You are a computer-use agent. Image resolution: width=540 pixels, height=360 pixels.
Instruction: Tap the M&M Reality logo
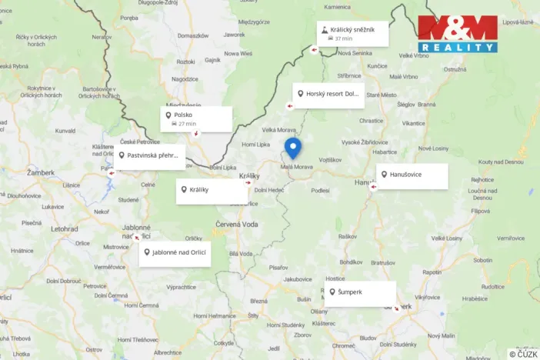point(457,34)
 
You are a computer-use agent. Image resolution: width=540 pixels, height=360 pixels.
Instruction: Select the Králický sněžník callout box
point(353,33)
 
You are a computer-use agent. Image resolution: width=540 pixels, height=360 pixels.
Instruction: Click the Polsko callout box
point(196,118)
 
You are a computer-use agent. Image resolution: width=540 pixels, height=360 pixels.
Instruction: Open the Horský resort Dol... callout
point(328,94)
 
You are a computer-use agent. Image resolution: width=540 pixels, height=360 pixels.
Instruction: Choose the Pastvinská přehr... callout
point(151,155)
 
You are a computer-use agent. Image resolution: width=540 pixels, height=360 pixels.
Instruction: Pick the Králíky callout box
point(212,191)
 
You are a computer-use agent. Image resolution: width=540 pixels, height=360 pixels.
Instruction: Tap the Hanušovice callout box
point(412,175)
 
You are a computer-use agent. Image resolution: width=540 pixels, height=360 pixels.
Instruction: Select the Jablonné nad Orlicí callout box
point(175,253)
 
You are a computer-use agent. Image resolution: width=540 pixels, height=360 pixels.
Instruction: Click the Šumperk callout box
point(359,293)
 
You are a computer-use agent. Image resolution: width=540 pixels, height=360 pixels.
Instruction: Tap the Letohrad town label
point(65,228)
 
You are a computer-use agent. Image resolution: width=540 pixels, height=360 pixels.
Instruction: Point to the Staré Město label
point(381,95)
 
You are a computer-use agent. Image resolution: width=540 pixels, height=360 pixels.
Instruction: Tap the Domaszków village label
point(192,35)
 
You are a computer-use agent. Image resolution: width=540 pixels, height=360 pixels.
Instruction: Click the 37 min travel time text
point(343,38)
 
